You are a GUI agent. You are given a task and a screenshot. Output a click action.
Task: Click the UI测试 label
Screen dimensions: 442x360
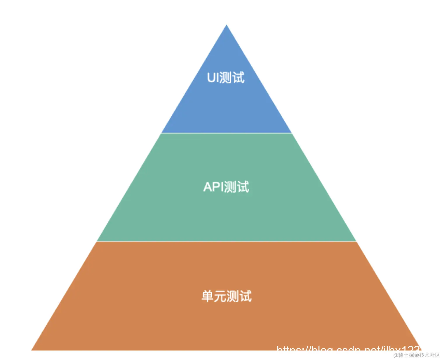click(226, 78)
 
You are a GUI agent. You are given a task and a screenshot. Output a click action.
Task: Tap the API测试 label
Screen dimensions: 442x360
click(226, 187)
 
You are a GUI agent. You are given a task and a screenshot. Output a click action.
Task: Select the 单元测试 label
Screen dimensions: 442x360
click(226, 296)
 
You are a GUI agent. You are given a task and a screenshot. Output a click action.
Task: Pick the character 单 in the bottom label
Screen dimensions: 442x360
click(207, 296)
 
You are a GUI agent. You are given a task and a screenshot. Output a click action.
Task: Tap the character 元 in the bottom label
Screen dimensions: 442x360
click(220, 296)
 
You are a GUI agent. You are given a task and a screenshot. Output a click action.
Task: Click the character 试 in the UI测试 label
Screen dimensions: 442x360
click(239, 78)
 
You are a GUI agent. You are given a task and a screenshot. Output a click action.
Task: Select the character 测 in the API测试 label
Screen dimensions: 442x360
click(231, 187)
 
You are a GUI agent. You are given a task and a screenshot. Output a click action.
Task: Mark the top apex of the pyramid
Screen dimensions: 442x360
click(227, 26)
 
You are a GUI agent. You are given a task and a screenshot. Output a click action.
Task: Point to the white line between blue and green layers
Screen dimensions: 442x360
click(227, 133)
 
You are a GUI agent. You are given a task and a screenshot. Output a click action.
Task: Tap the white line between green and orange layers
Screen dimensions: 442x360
click(227, 241)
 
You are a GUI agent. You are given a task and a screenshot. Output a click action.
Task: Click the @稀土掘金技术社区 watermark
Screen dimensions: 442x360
click(417, 355)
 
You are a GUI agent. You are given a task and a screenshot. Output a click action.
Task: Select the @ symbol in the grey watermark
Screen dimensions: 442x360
click(396, 355)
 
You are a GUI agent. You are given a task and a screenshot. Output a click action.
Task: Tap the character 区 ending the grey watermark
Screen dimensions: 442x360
click(437, 355)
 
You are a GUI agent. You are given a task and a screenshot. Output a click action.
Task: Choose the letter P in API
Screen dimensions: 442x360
click(215, 187)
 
